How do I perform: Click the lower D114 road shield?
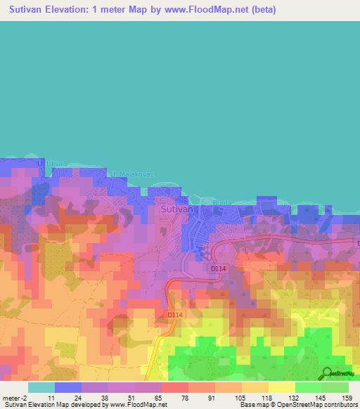point(175,315)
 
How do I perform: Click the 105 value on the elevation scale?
point(240,397)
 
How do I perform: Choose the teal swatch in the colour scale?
point(41,387)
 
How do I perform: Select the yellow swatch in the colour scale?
point(282,387)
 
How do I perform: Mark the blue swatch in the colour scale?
point(68,387)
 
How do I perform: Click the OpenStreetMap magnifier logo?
point(327,373)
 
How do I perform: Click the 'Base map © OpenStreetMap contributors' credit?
point(295,405)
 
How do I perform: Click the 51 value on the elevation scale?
point(132,397)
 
